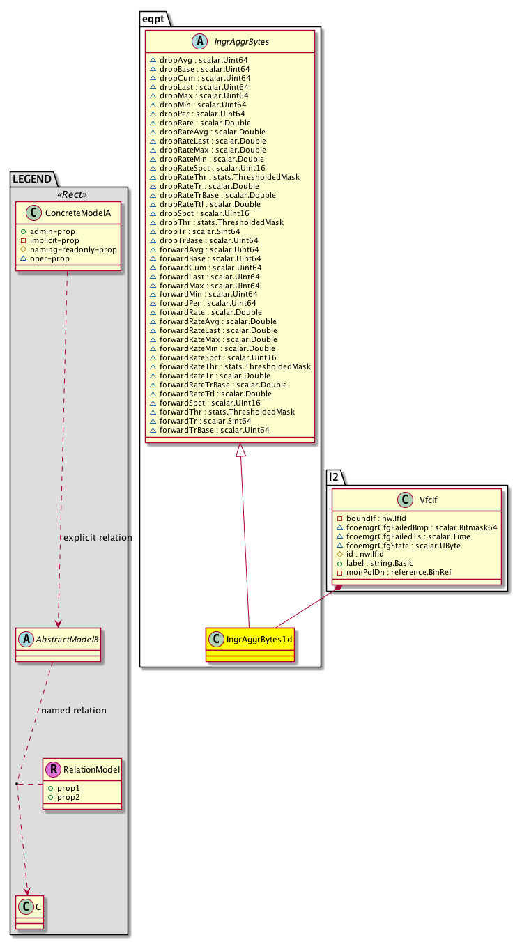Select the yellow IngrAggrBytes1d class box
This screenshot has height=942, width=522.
click(x=250, y=644)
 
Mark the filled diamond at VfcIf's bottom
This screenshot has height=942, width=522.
click(x=339, y=589)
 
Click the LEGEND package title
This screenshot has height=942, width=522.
click(x=31, y=178)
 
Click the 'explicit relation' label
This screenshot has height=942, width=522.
click(x=97, y=538)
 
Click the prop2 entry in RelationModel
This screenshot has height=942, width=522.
click(x=68, y=796)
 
